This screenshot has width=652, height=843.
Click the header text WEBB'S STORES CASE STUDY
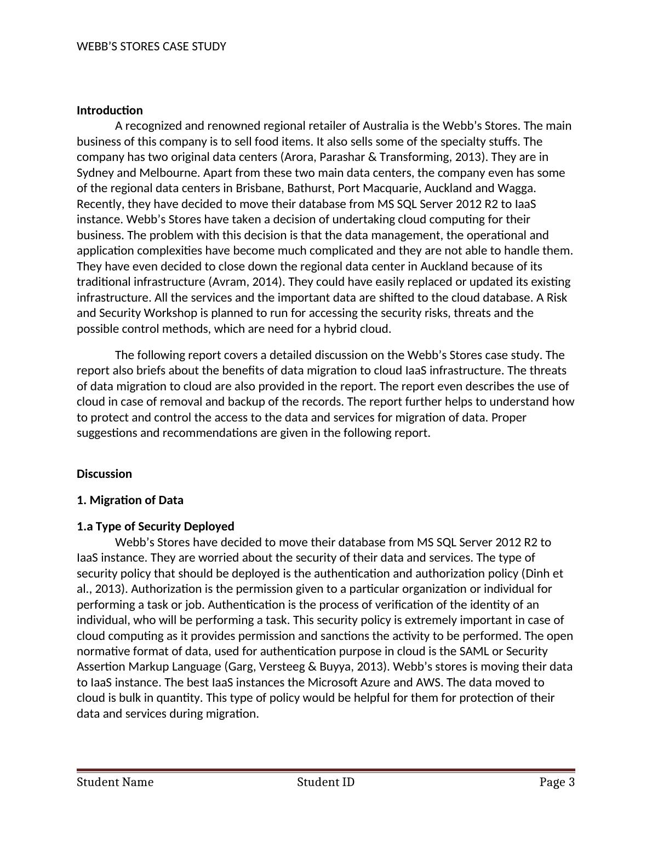(x=151, y=47)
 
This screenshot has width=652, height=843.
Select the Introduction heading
(x=110, y=111)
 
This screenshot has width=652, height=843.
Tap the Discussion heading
(x=104, y=474)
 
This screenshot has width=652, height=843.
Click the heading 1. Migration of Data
(x=130, y=500)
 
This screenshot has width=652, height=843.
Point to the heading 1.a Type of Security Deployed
(x=155, y=527)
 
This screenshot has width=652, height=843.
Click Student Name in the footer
(x=115, y=782)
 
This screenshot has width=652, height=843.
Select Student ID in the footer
(x=325, y=782)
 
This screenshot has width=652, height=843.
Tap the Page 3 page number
(x=557, y=782)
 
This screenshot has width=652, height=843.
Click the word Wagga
(x=518, y=188)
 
